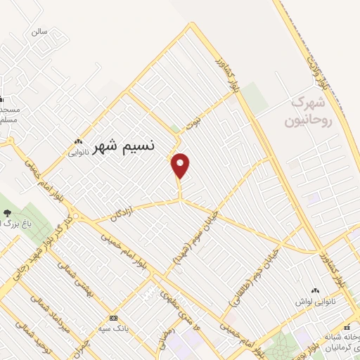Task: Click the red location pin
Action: [181, 165]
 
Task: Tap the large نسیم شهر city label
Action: [124, 146]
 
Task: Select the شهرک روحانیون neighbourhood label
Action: [307, 112]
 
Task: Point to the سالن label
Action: [38, 32]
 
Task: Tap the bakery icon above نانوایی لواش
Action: [314, 290]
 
